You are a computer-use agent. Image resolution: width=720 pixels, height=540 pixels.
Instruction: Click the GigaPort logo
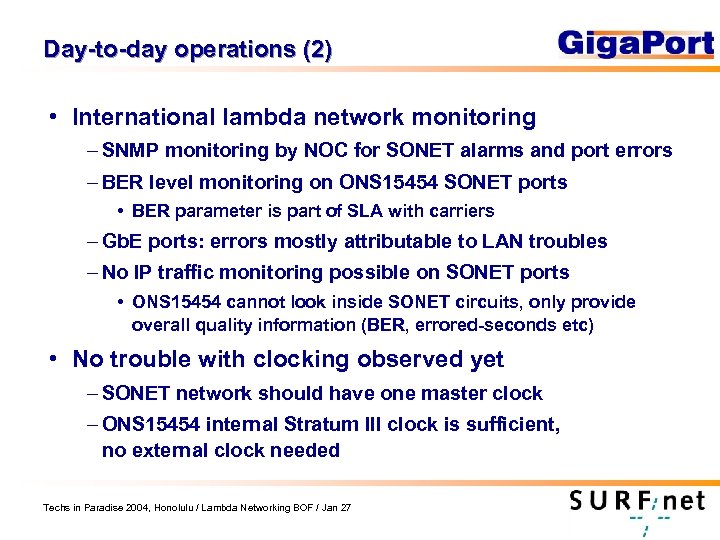click(x=635, y=44)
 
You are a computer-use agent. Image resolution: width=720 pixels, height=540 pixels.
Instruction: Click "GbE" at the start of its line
click(x=122, y=242)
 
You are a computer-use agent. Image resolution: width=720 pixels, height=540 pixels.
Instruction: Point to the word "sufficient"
click(x=511, y=425)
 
